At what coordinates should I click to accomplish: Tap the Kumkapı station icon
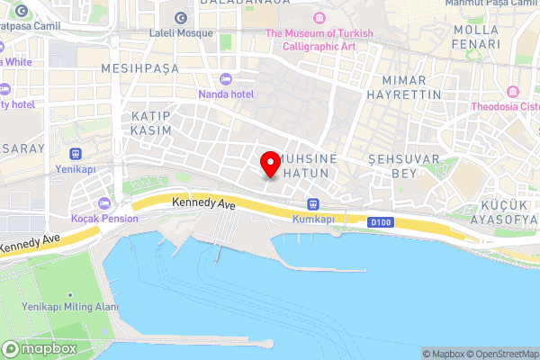312,203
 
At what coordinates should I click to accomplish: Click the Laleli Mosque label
181,33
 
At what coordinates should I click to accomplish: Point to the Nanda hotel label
226,93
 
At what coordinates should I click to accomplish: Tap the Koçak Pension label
104,218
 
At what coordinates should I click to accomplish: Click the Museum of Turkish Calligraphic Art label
319,40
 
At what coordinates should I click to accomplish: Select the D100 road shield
379,221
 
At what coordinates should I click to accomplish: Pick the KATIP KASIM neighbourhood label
151,124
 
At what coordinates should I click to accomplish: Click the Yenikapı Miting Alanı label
69,307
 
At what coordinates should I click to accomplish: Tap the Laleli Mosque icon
181,18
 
